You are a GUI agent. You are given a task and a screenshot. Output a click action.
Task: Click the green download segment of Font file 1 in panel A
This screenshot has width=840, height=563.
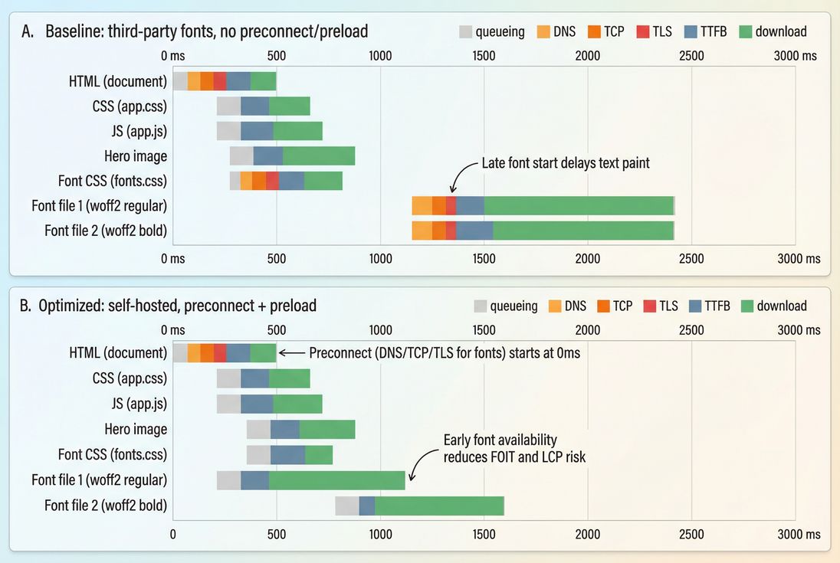[579, 206]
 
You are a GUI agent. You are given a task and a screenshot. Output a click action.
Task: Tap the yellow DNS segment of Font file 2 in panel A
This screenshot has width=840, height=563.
[422, 231]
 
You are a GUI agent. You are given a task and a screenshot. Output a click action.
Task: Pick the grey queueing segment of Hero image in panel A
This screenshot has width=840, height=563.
[241, 155]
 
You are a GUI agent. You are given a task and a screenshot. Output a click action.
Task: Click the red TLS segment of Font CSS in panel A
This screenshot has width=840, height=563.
[272, 181]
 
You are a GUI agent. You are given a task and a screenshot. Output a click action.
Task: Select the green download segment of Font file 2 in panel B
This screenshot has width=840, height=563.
[439, 506]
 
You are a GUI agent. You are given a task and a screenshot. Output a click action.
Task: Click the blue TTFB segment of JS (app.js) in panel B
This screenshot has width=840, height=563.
[257, 404]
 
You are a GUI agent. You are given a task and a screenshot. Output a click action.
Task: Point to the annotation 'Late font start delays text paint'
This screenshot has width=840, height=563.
[565, 163]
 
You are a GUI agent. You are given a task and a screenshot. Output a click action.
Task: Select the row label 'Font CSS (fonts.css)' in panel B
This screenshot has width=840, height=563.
[112, 455]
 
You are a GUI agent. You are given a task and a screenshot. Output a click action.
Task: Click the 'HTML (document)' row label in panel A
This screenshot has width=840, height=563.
[117, 81]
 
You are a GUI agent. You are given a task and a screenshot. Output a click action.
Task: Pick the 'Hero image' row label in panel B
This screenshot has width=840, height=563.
[136, 430]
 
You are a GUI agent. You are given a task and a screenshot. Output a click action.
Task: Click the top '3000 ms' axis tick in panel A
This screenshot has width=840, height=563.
[795, 56]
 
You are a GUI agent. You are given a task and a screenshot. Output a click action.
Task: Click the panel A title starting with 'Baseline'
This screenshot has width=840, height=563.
[206, 31]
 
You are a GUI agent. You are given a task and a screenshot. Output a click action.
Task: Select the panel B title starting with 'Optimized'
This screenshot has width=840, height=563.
[177, 306]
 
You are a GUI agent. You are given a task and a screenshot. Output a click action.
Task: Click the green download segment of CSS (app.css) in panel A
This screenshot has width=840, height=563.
[289, 106]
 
